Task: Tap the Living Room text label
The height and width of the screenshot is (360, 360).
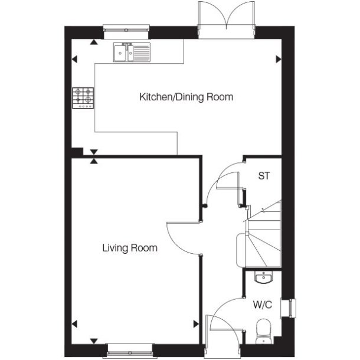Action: point(130,248)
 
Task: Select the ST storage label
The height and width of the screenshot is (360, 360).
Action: point(264,175)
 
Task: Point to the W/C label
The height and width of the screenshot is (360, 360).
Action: point(262,305)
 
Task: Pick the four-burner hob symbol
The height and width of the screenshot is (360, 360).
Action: point(83,98)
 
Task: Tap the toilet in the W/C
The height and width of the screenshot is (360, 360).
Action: point(263,331)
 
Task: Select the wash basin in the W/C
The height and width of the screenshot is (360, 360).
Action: point(263,278)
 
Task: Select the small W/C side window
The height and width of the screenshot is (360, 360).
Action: point(291,308)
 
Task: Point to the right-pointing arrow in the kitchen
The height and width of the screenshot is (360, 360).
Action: point(278,59)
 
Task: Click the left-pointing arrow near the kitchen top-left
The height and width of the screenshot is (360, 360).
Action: point(75,59)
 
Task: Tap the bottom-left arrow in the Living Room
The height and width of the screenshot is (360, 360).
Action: point(75,323)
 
